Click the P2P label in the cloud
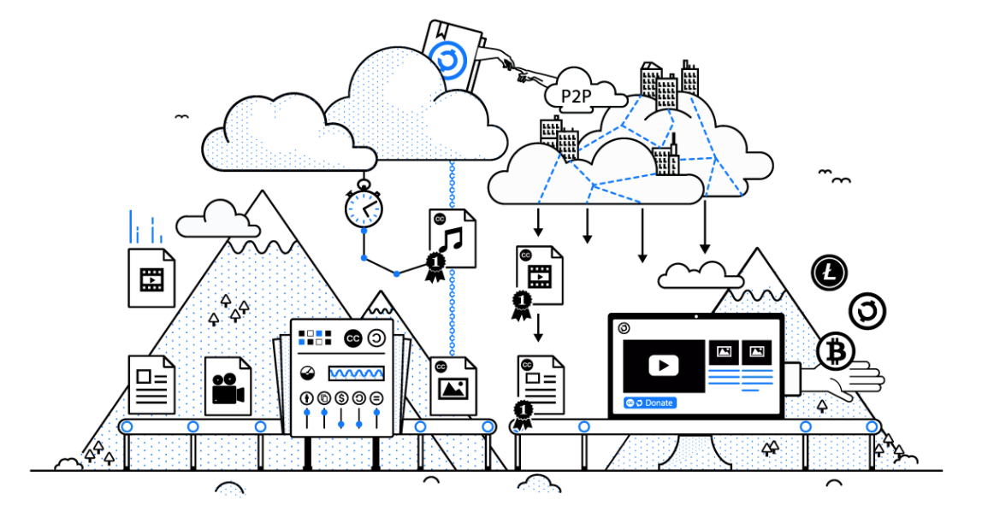[577, 97]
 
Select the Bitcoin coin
[836, 352]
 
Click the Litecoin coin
[829, 273]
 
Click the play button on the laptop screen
[663, 365]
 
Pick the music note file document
[453, 238]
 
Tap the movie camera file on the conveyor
[228, 386]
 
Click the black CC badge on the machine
[353, 338]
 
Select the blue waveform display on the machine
[356, 373]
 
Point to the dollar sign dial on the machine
[341, 398]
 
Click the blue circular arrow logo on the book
[449, 62]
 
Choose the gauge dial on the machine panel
[307, 373]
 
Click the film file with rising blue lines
[151, 278]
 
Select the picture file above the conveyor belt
[453, 386]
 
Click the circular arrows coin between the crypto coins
[867, 312]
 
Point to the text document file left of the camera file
[151, 385]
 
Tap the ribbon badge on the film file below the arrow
[522, 304]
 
